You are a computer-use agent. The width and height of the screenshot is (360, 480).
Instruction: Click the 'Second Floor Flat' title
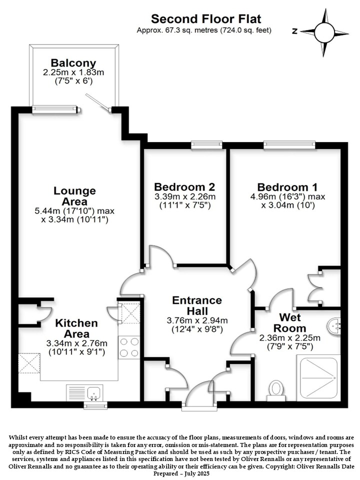pos(206,19)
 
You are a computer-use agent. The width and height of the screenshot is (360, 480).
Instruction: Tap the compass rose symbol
pos(324,32)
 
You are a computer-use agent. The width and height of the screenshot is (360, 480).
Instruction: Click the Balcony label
pos(73,63)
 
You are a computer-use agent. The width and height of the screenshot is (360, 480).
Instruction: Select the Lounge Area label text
pos(74,196)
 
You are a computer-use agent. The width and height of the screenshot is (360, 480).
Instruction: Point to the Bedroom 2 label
pos(184,186)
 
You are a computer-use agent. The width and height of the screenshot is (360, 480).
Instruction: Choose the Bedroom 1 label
pos(287,187)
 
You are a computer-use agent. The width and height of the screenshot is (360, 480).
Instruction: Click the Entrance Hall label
pos(197,305)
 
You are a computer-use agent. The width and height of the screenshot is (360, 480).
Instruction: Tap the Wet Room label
pos(290,322)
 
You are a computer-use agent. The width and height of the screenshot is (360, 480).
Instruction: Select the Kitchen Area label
pos(76,328)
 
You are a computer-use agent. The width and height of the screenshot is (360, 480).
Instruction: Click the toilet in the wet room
pos(276,390)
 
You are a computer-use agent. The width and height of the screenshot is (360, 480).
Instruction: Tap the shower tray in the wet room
pos(318,378)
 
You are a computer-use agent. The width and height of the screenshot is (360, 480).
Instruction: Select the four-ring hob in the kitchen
pos(129,347)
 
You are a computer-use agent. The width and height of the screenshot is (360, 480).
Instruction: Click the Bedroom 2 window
pos(206,144)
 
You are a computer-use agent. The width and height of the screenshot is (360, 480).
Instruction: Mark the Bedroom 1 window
pos(289,144)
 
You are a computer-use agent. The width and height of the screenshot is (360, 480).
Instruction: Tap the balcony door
pos(97,102)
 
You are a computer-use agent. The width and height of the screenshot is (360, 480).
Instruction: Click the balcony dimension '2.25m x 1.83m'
pos(73,72)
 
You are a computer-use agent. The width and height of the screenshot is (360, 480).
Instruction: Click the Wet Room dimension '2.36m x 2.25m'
pos(290,338)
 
